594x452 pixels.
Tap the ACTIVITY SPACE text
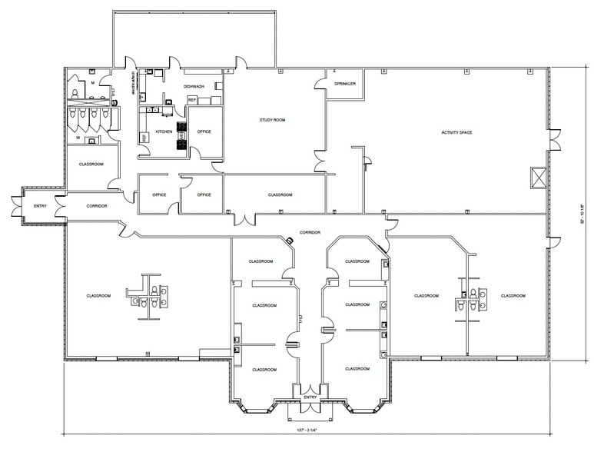(456, 133)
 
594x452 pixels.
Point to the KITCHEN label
(164, 131)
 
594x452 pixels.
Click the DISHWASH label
(194, 87)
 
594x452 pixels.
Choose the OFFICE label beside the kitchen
(204, 131)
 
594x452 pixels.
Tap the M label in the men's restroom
(92, 81)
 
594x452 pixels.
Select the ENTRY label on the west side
(39, 206)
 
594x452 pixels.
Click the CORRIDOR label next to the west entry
(97, 206)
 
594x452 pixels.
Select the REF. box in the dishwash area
(192, 100)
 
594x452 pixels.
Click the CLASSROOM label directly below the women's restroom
(91, 164)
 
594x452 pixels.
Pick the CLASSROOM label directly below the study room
(280, 194)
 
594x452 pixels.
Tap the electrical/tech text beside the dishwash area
(134, 81)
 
